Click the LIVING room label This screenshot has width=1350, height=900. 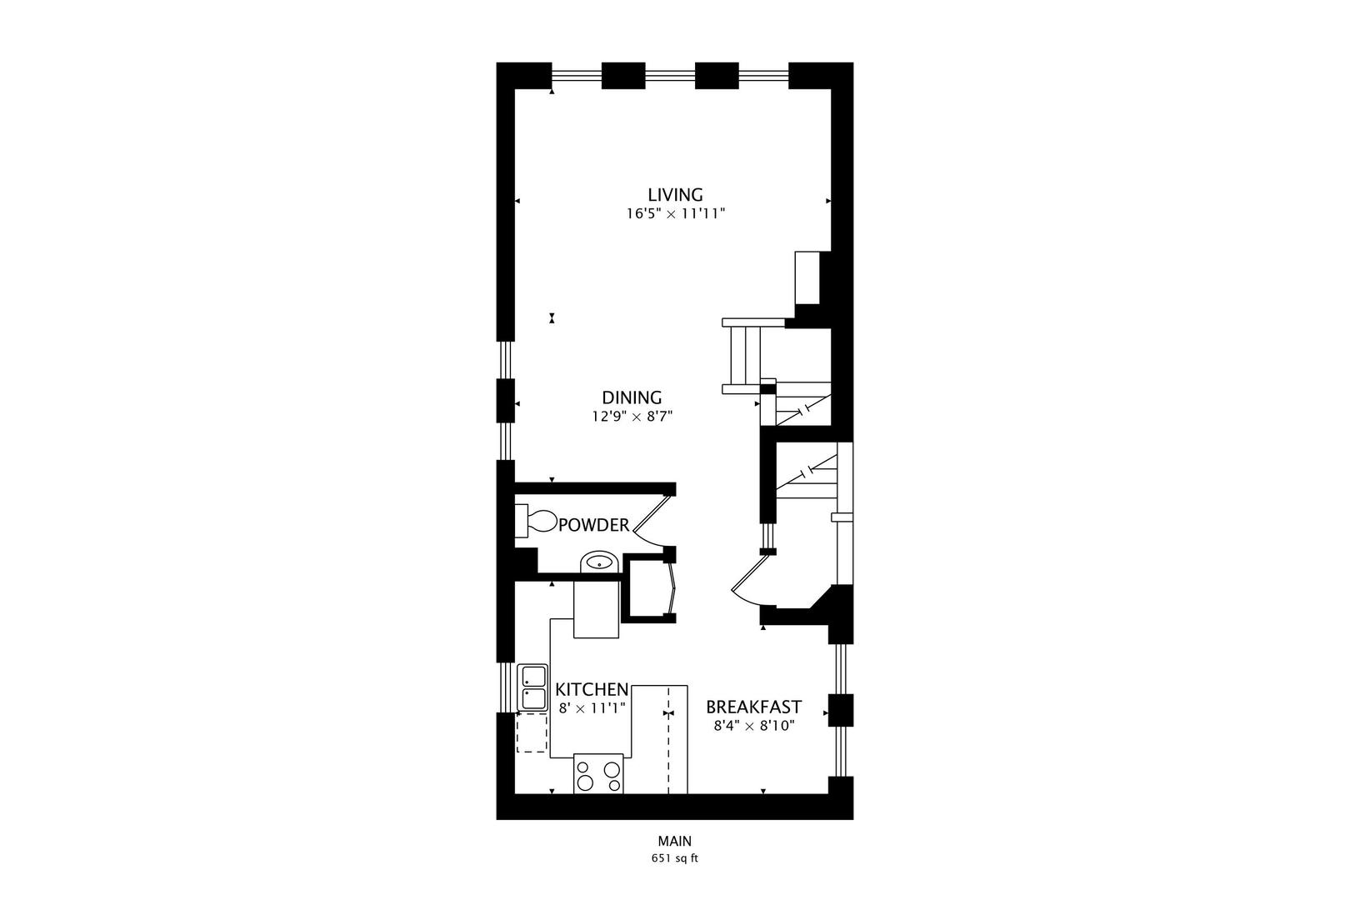(675, 195)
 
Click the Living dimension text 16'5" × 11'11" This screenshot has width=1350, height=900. (677, 214)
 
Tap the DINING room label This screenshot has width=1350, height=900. (632, 397)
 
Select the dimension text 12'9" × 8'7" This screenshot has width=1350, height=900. (632, 417)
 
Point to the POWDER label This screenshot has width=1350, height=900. (593, 526)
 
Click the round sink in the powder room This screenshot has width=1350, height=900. (598, 562)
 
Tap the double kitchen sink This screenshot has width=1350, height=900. (532, 687)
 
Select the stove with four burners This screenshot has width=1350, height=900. (598, 774)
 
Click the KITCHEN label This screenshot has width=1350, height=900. (592, 690)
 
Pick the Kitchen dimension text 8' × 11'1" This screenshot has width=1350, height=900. (592, 708)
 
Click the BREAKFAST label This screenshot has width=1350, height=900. (753, 707)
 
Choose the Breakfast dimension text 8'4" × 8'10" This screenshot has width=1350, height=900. (753, 726)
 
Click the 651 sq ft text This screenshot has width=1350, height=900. (674, 859)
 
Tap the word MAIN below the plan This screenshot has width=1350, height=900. (674, 842)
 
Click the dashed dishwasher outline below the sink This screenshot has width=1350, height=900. (532, 733)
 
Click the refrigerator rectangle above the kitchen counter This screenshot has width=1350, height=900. (597, 610)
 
